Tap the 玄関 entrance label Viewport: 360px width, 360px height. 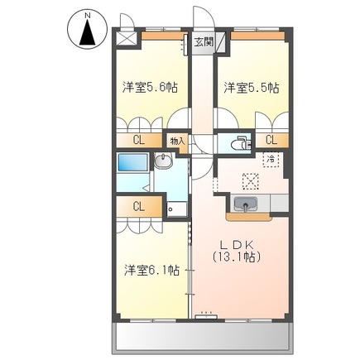tap(204, 41)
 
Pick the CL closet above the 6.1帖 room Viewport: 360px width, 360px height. tap(138, 206)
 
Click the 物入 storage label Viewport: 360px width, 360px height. tap(177, 141)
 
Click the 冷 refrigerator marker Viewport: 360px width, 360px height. tap(271, 159)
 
